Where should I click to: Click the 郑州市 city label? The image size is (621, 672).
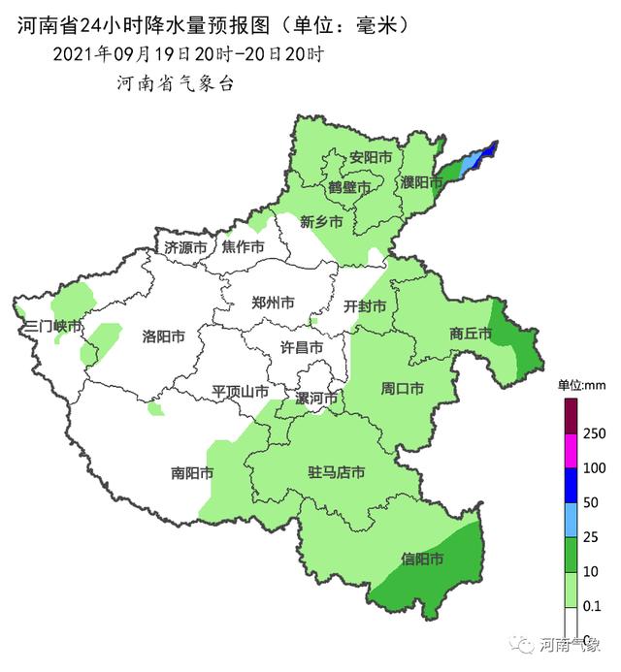pyautogui.click(x=273, y=303)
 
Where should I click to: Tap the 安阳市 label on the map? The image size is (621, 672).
pyautogui.click(x=371, y=156)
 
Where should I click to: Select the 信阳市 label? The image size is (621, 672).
pyautogui.click(x=422, y=560)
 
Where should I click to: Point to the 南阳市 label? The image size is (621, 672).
pyautogui.click(x=192, y=473)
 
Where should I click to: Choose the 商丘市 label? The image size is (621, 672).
pyautogui.click(x=471, y=334)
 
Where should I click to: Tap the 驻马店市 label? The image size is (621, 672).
pyautogui.click(x=336, y=472)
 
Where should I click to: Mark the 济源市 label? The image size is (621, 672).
pyautogui.click(x=185, y=247)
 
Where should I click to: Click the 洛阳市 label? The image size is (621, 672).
pyautogui.click(x=163, y=336)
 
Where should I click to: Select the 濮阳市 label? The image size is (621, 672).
pyautogui.click(x=421, y=182)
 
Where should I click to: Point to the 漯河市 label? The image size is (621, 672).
pyautogui.click(x=316, y=399)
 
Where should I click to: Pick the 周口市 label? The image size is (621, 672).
pyautogui.click(x=402, y=389)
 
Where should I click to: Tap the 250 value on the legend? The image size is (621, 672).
pyautogui.click(x=594, y=432)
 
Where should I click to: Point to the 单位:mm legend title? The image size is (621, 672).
pyautogui.click(x=580, y=385)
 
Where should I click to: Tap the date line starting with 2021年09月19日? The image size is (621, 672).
pyautogui.click(x=188, y=53)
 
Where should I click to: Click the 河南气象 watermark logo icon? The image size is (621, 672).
pyautogui.click(x=525, y=644)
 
